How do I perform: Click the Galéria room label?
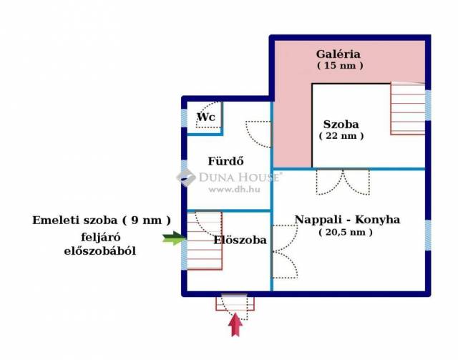point(338,54)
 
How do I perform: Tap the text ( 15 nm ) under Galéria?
point(339,65)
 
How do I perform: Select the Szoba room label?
point(341,124)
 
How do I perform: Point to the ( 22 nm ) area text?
point(341,135)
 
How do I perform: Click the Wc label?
point(206,117)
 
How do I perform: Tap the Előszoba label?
point(240,240)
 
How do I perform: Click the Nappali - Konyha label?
point(347,220)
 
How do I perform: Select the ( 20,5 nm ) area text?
point(346,232)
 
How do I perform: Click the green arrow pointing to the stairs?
point(173,238)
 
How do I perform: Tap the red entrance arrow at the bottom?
point(235,326)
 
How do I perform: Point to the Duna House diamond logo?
point(186,177)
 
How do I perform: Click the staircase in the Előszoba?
point(204,241)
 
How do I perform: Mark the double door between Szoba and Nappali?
point(343,182)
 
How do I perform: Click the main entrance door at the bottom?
point(235,303)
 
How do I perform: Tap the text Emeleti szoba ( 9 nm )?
point(102,220)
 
